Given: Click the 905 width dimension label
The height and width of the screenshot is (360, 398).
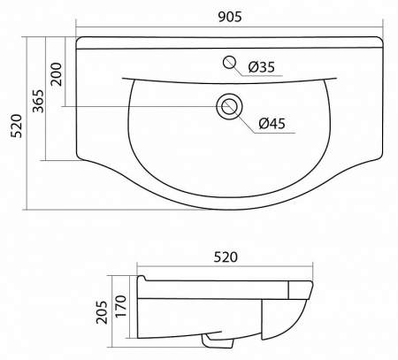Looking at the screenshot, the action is (x=230, y=17).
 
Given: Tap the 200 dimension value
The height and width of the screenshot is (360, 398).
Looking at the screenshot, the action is (x=57, y=73).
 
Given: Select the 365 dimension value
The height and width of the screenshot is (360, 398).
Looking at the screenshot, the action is (x=38, y=101).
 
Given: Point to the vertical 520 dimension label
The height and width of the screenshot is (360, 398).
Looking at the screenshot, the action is (x=16, y=126).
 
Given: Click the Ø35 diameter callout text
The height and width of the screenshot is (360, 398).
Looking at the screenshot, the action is (x=262, y=67).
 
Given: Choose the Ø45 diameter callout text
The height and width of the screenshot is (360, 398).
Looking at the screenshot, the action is (x=272, y=123).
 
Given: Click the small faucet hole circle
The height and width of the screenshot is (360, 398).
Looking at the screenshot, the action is (x=229, y=62).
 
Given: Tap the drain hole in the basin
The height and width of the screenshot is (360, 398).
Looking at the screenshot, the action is (x=229, y=106).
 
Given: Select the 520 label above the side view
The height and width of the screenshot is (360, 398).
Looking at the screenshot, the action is (x=226, y=257).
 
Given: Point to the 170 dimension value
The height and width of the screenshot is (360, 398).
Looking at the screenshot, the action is (x=120, y=306).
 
